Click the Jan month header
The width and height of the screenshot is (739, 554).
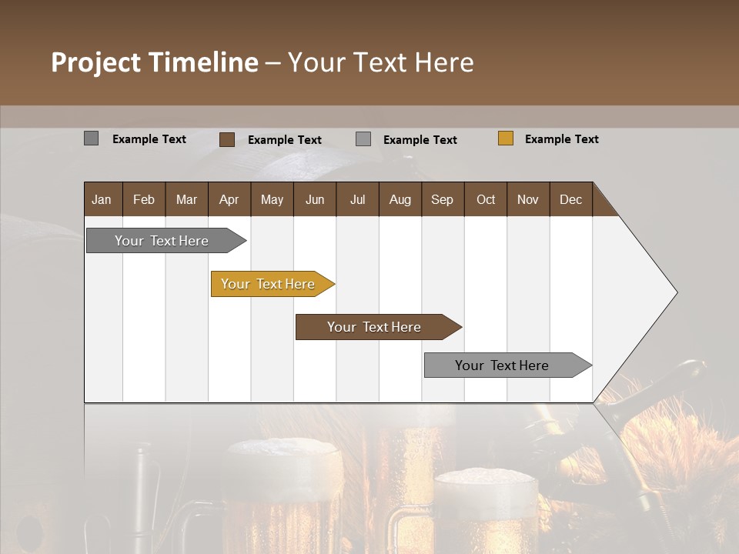click(102, 199)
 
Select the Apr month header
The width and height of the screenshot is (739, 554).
click(229, 199)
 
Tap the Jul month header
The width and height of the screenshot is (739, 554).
click(357, 199)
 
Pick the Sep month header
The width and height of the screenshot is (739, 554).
click(442, 199)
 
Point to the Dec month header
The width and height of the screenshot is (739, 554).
click(570, 199)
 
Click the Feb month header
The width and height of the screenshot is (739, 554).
click(144, 199)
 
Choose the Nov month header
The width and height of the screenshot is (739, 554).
click(527, 199)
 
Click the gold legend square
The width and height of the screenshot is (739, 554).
click(506, 138)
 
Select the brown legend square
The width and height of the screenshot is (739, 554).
click(227, 139)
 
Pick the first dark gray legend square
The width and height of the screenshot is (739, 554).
click(92, 138)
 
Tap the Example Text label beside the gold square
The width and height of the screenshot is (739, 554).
click(561, 139)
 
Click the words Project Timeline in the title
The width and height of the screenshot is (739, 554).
click(154, 62)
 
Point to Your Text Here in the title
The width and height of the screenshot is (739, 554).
click(381, 62)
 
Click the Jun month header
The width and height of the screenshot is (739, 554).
click(314, 199)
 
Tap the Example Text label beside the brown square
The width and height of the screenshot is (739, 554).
click(284, 140)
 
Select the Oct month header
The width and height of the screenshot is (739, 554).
click(486, 199)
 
